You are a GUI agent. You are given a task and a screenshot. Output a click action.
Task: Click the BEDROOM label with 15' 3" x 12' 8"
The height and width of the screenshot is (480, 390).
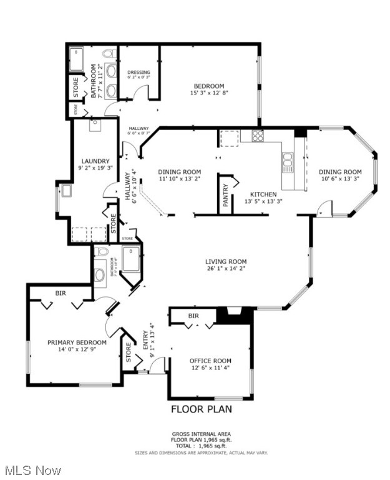208,86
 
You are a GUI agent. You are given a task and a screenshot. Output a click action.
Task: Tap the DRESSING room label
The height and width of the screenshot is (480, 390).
139,72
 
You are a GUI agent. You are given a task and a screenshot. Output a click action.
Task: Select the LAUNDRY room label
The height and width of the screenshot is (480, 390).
94,161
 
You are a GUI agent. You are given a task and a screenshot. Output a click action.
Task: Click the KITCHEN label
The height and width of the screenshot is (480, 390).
263,194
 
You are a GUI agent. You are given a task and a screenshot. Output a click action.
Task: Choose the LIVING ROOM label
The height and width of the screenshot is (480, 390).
226,262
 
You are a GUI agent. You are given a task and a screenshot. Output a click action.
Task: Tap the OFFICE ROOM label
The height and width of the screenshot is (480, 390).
210,361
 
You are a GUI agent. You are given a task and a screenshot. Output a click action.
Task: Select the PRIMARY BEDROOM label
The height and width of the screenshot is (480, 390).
77,342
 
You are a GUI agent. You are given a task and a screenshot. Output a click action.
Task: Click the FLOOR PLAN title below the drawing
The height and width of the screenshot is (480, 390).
201,409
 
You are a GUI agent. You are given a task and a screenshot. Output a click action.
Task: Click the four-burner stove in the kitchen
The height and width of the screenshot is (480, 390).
257,136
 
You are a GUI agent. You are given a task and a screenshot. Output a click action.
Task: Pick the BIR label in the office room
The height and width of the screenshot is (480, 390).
193,316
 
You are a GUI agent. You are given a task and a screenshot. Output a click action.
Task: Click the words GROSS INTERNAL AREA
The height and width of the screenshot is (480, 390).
201,434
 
